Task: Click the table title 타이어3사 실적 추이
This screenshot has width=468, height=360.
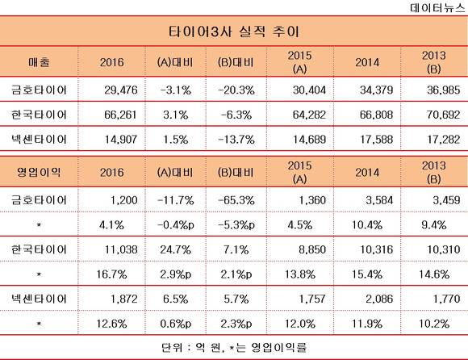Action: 234,31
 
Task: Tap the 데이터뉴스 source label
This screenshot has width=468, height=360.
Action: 437,7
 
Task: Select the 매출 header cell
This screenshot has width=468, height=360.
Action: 39,62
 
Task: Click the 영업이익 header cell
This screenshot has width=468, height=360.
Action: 39,172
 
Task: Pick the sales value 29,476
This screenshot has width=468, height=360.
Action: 121,90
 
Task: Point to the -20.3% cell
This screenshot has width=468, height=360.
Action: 236,90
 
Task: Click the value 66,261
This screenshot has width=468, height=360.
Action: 120,115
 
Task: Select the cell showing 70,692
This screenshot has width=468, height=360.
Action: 443,115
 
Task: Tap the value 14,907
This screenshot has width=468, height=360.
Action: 121,140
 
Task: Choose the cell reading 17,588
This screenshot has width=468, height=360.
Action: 376,140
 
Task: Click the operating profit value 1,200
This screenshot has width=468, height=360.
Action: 124,200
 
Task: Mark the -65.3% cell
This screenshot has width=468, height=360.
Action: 236,200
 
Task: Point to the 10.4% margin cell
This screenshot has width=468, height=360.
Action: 367,224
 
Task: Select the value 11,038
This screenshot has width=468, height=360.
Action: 121,249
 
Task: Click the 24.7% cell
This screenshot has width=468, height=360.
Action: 176,249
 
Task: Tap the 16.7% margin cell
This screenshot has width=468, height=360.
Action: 111,274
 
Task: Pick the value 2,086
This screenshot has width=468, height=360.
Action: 379,299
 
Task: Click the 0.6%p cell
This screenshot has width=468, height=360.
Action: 176,324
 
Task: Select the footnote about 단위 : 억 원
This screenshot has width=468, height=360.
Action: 234,347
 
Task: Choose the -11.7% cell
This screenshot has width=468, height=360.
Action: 176,200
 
